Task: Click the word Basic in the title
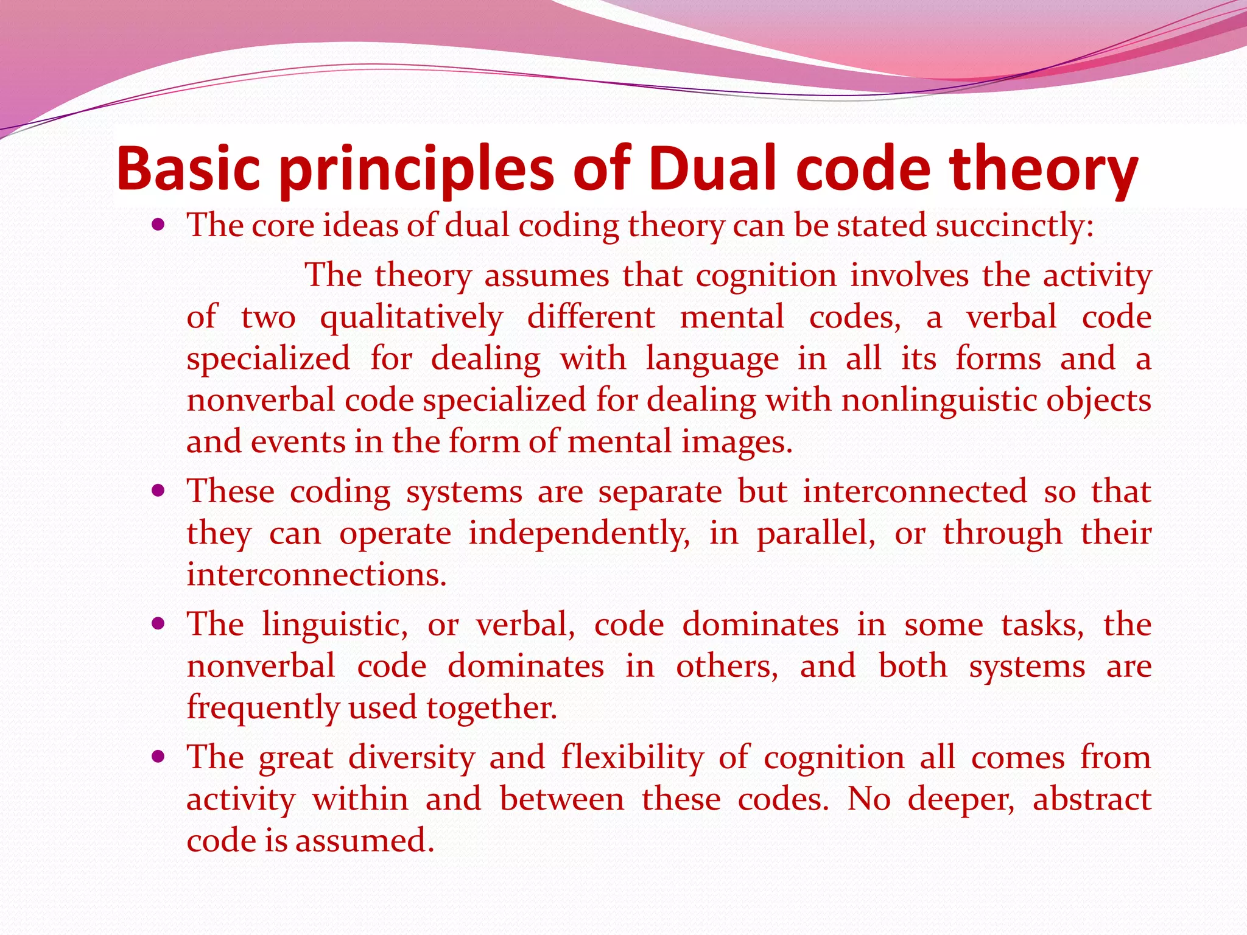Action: click(x=188, y=169)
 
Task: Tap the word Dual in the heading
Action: click(x=712, y=169)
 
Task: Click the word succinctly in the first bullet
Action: click(x=1014, y=226)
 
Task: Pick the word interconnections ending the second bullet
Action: click(x=316, y=575)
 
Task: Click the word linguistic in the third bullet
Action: click(x=334, y=626)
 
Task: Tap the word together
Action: click(x=491, y=709)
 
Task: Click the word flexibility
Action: click(x=632, y=758)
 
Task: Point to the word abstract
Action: click(x=1092, y=800)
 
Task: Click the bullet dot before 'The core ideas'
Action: click(x=158, y=226)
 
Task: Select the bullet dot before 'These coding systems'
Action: click(x=158, y=491)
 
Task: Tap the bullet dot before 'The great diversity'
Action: click(x=158, y=757)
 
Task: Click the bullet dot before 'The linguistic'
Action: click(x=158, y=625)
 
